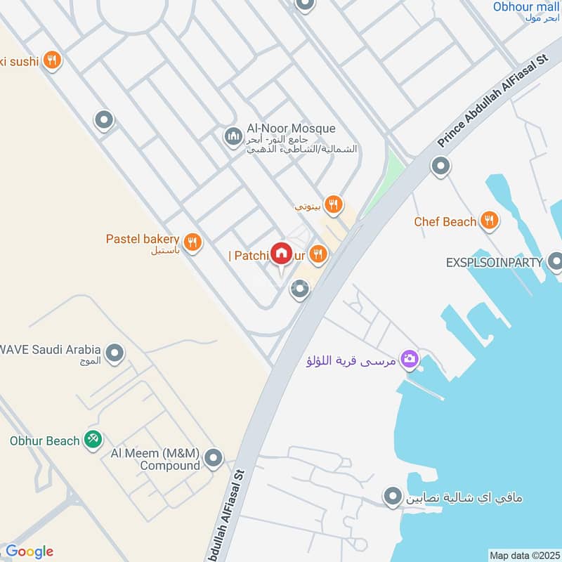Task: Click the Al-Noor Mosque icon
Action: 233,136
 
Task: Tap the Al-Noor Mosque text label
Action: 291,129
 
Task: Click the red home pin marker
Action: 282,253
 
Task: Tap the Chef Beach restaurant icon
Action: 490,221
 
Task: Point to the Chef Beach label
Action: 445,222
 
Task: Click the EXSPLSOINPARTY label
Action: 494,262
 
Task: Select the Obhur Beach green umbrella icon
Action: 92,440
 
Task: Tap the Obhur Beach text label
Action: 44,441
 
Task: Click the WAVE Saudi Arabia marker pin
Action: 115,353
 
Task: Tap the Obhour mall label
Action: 525,7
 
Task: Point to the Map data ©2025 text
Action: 523,555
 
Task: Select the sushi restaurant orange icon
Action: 51,60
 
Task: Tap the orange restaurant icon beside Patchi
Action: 319,254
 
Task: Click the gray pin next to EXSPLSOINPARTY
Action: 555,261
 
